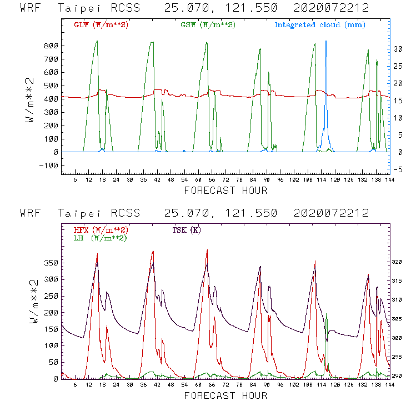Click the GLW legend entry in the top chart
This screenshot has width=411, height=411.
click(x=101, y=25)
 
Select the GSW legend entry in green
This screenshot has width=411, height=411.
click(x=207, y=25)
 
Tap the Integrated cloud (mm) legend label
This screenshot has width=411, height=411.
click(x=320, y=25)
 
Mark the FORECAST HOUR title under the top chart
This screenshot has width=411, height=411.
click(x=225, y=191)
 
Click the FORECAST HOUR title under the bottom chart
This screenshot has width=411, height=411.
click(x=225, y=395)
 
